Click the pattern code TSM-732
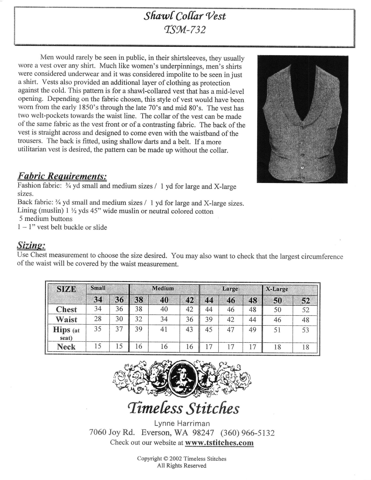click(185, 30)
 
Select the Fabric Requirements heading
click(62, 177)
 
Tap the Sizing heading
click(31, 246)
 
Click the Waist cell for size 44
click(209, 319)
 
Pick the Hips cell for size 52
click(305, 330)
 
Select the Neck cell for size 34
click(98, 346)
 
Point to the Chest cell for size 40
click(164, 309)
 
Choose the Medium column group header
click(163, 288)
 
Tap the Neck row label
click(66, 347)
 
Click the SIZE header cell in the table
click(66, 289)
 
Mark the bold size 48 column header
click(253, 300)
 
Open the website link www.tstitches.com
click(219, 443)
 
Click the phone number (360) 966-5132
click(247, 433)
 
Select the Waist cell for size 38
click(138, 319)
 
